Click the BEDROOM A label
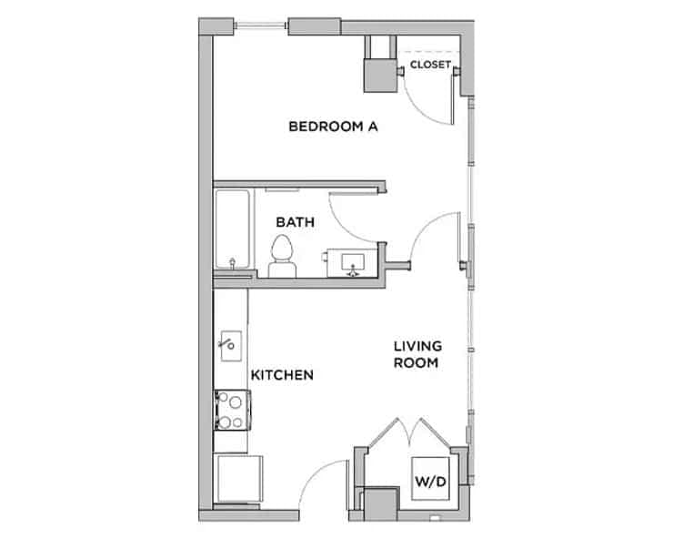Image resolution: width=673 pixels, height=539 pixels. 333,127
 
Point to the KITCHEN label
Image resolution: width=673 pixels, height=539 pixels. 283,375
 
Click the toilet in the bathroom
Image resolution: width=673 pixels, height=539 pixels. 283,256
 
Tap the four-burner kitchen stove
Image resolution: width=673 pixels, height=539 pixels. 230,409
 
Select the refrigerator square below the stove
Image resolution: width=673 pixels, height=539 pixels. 234,479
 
